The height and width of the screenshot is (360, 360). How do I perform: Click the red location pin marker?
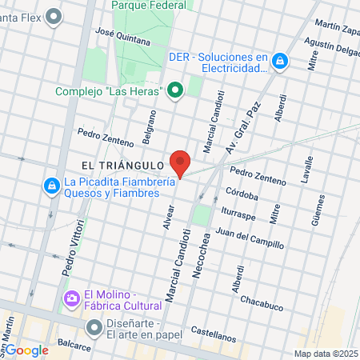[180, 162]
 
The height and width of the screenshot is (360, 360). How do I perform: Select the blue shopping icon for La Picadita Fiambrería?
[51, 185]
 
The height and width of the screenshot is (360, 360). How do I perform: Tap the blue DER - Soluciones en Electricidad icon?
[280, 60]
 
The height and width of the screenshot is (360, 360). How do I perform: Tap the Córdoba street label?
[242, 194]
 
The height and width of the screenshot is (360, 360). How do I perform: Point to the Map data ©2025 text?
[325, 354]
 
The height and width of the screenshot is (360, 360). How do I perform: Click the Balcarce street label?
[51, 350]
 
